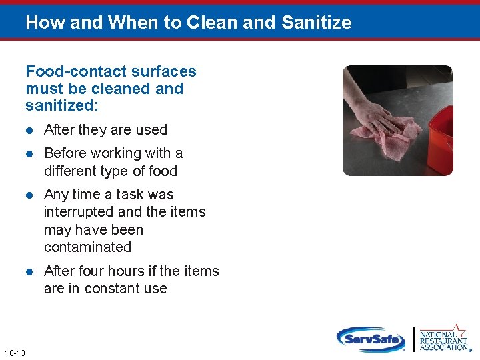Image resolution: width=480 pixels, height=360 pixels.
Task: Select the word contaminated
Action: coord(87,247)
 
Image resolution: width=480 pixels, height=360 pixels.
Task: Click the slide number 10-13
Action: coord(14,353)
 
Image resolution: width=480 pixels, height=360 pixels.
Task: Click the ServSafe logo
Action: coord(371,339)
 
